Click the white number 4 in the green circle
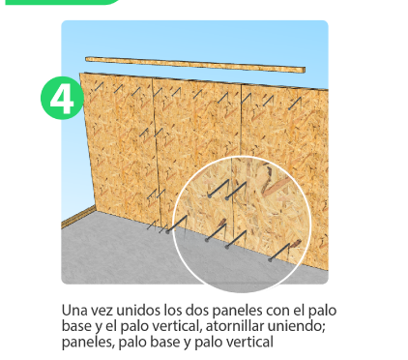tap(62, 99)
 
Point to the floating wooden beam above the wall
tap(195, 64)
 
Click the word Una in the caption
tap(73, 311)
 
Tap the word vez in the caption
tap(102, 311)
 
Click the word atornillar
tap(235, 326)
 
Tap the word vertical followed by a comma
tap(177, 326)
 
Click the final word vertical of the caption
tap(248, 342)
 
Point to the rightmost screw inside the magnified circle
tap(283, 253)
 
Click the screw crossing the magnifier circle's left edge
tap(177, 225)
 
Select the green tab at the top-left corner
tap(62, 2)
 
